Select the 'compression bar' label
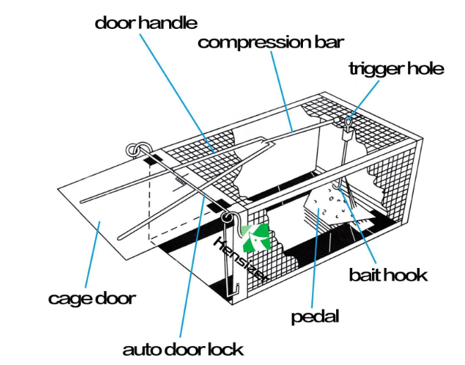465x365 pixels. [271, 42]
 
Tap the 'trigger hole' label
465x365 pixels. [396, 68]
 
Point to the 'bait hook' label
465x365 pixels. [388, 274]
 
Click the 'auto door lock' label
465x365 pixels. [182, 349]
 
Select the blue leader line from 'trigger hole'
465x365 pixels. [366, 98]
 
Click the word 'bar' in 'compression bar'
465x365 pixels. [326, 42]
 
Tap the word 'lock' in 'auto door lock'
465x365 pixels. [225, 349]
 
